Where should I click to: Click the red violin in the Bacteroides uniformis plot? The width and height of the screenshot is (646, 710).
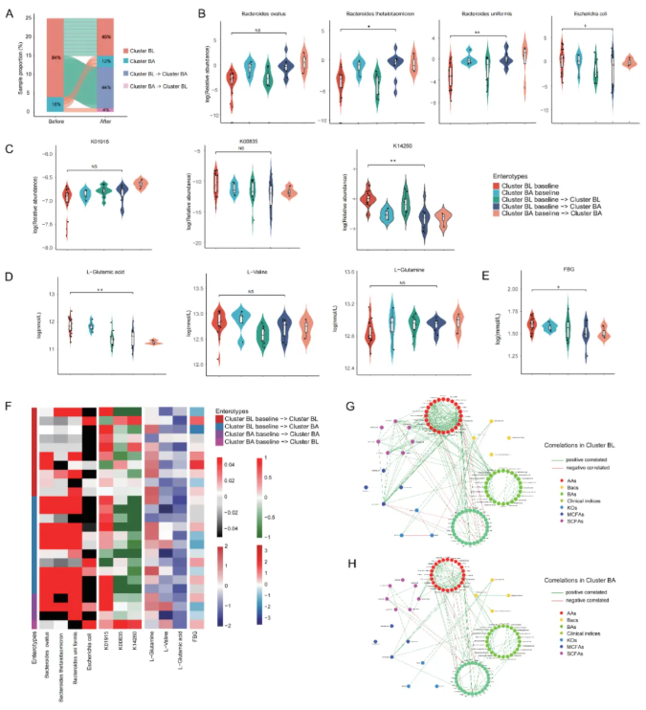click(x=450, y=77)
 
